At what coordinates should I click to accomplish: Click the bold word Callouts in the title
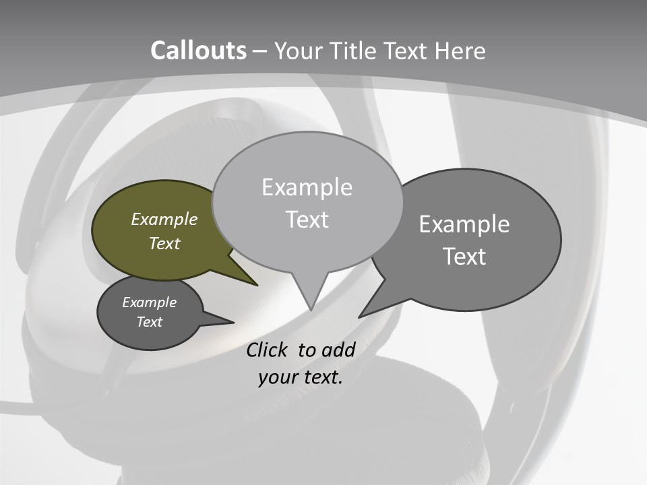pos(198,51)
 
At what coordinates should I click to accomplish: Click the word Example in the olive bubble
pos(164,219)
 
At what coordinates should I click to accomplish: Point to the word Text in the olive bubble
pos(164,243)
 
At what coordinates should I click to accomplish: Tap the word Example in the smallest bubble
pos(149,302)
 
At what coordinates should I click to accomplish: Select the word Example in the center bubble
pos(307,187)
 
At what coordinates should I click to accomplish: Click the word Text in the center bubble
pos(307,220)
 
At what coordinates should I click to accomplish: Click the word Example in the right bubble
pos(464,224)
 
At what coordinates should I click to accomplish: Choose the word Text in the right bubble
pos(464,257)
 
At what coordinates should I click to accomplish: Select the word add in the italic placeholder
pos(338,350)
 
